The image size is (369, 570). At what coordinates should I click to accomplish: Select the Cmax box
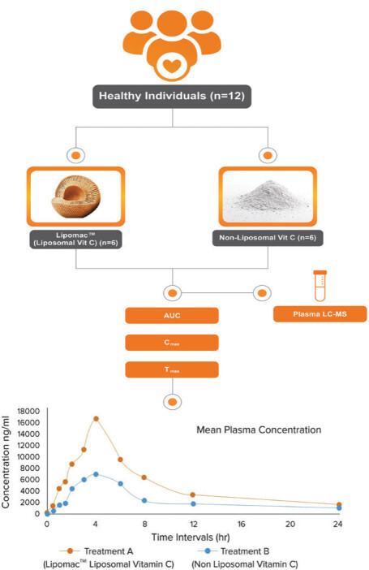171,343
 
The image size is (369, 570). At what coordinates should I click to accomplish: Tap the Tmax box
171,369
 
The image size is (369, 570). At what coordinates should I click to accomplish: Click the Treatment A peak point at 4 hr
96,419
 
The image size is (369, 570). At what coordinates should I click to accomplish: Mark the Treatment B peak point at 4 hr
96,474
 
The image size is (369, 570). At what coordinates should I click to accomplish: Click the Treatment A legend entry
95,551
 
